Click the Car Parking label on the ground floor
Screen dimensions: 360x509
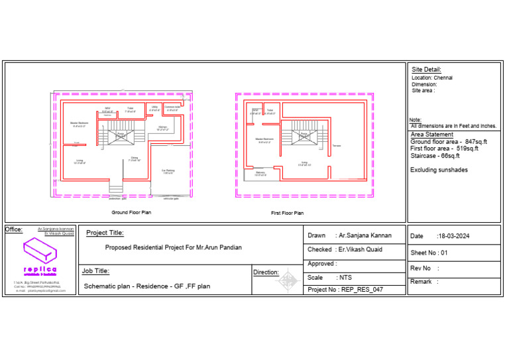tap(168, 171)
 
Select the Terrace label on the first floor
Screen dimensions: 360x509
tap(337, 145)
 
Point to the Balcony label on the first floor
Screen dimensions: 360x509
tap(260, 172)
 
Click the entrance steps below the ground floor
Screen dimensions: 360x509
tap(117, 186)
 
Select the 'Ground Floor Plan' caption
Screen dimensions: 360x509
tap(131, 213)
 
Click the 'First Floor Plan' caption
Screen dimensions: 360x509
tap(288, 213)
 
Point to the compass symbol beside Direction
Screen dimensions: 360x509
tap(286, 281)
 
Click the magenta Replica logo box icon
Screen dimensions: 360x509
tap(40, 250)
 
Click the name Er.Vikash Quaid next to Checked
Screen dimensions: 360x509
tap(361, 249)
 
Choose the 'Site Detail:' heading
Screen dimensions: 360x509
tap(426, 70)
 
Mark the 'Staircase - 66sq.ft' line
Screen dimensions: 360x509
tap(435, 156)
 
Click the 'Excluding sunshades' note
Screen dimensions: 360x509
tap(439, 170)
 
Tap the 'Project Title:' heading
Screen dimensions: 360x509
tap(105, 233)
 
